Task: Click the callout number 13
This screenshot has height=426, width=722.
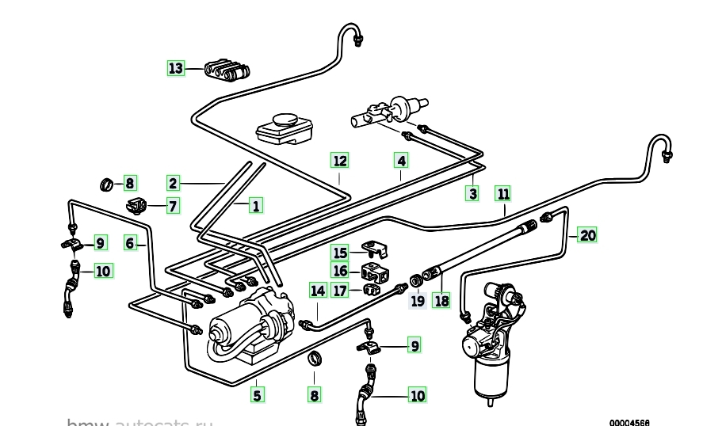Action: (x=176, y=68)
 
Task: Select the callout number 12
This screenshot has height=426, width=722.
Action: (x=340, y=161)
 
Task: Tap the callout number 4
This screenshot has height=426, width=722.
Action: (x=402, y=161)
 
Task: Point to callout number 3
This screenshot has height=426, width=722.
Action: (x=473, y=193)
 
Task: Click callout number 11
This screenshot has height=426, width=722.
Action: (x=504, y=193)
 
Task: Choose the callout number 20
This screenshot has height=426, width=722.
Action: (x=586, y=234)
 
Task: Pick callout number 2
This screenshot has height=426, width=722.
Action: (x=174, y=182)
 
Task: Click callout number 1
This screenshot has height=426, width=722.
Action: (x=255, y=207)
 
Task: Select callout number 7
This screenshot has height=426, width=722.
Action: (x=171, y=207)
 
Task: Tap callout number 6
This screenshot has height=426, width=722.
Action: (x=131, y=243)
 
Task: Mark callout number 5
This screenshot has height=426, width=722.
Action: (x=256, y=394)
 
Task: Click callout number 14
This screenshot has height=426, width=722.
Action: (x=318, y=291)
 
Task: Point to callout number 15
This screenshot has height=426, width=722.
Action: (x=340, y=253)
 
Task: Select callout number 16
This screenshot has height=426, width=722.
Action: (x=340, y=271)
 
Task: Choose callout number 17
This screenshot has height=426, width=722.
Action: (x=340, y=290)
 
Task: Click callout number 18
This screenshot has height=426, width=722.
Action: (x=441, y=300)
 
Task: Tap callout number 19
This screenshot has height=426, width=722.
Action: (x=417, y=300)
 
